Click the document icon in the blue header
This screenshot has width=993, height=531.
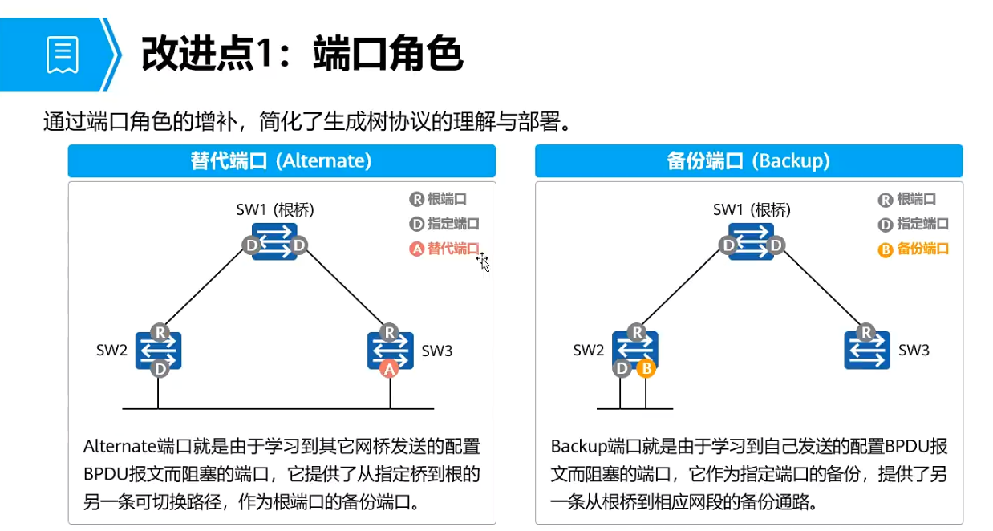(x=63, y=55)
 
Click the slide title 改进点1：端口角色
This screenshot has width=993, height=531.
(x=302, y=55)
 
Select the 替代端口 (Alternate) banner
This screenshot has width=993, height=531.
(x=282, y=160)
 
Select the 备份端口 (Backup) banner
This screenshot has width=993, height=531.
(x=748, y=160)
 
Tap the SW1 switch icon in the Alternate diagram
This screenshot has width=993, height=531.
(x=274, y=242)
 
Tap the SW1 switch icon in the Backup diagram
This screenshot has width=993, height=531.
(x=752, y=242)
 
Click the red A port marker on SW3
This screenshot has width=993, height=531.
(x=389, y=369)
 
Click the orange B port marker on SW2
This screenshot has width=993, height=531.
(x=646, y=369)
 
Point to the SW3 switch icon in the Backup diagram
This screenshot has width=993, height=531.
(x=867, y=351)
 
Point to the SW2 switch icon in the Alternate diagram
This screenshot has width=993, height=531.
(x=159, y=351)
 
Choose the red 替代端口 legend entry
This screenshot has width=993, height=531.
(x=444, y=249)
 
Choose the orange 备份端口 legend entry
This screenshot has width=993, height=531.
(x=914, y=249)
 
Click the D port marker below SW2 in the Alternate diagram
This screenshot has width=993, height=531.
(x=160, y=369)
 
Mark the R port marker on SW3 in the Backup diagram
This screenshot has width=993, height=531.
(x=866, y=332)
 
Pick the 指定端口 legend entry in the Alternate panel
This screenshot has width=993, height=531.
(x=444, y=224)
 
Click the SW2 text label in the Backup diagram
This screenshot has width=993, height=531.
(x=589, y=351)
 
